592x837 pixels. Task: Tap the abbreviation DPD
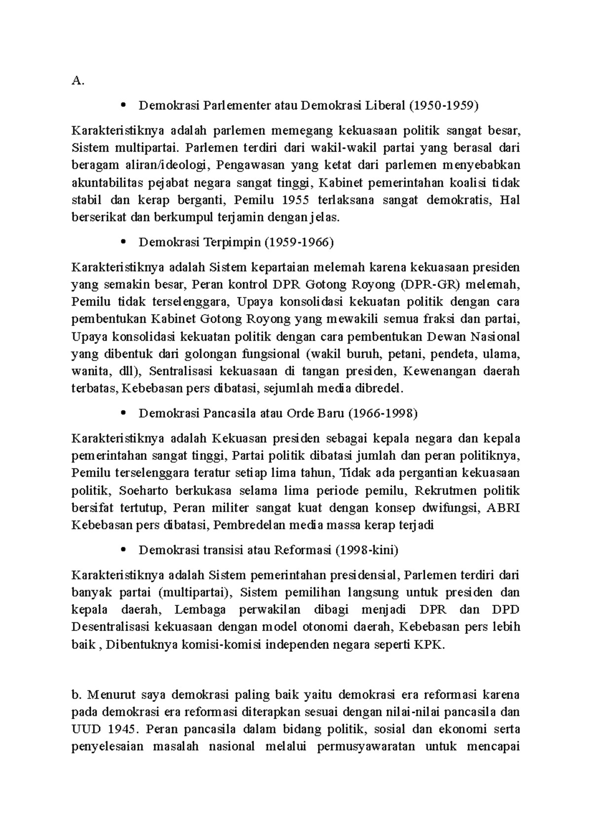click(x=506, y=610)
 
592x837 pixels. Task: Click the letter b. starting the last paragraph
click(x=76, y=695)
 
